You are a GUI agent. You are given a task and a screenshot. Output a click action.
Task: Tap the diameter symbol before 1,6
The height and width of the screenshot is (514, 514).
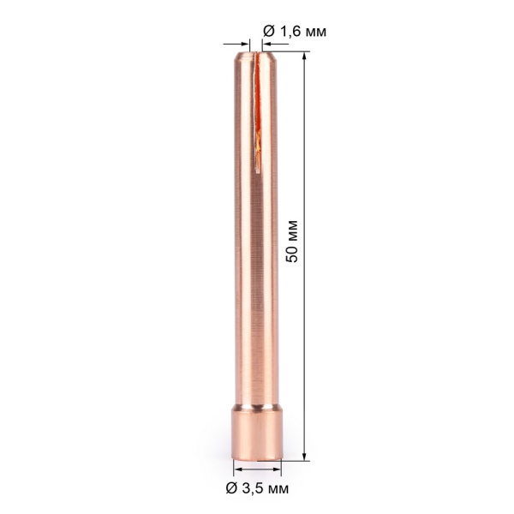pos(268,32)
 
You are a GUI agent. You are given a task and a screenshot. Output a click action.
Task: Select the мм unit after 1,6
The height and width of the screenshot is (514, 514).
pos(314,32)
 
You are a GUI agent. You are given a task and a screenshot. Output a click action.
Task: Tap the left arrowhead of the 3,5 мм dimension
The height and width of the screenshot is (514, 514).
pos(237,469)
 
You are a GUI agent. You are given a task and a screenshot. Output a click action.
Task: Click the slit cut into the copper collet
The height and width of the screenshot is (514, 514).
pos(257,103)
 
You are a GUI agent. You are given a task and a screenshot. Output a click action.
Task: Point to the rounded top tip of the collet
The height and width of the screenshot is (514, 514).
pos(257,53)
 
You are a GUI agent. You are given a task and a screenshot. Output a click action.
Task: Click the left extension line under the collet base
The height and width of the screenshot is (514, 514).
pos(233,468)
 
